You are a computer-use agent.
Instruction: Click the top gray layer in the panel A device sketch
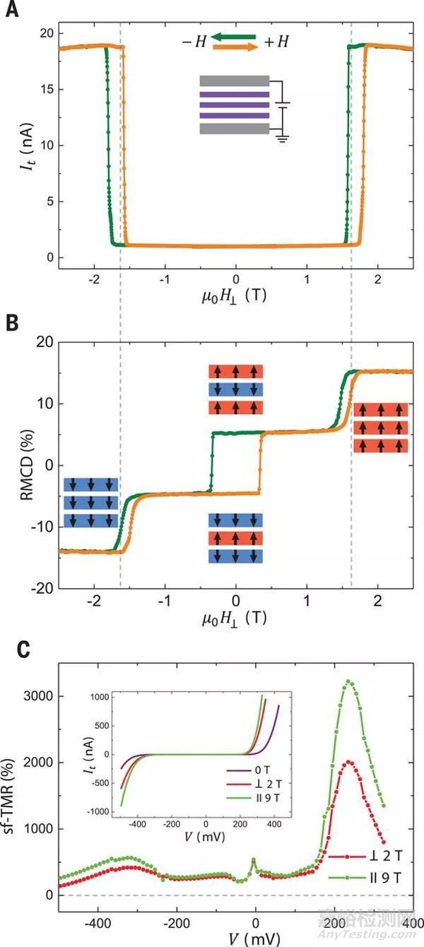tap(235, 81)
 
